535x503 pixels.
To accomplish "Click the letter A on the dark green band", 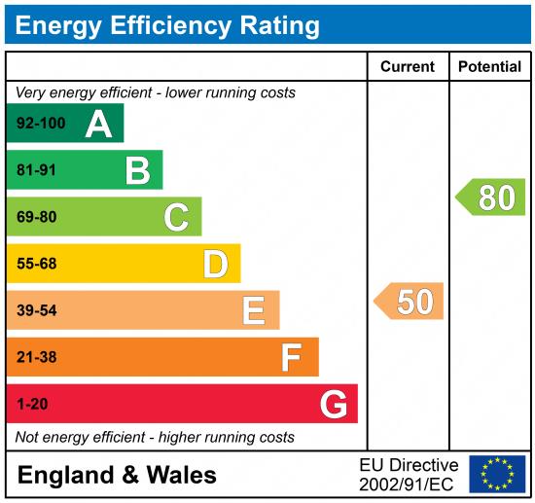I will pyautogui.click(x=98, y=125).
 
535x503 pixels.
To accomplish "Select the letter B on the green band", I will pyautogui.click(x=138, y=171).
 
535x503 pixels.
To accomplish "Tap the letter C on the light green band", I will pyautogui.click(x=176, y=217).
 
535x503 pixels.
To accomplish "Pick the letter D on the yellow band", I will pyautogui.click(x=215, y=264).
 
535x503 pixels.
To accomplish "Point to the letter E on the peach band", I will pyautogui.click(x=253, y=310).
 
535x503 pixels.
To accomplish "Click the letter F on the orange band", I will pyautogui.click(x=291, y=357).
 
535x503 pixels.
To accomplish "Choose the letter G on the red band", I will pyautogui.click(x=334, y=404).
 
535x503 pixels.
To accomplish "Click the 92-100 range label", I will pyautogui.click(x=42, y=125).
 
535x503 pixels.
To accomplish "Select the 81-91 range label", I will pyautogui.click(x=37, y=171).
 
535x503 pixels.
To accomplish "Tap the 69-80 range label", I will pyautogui.click(x=37, y=217).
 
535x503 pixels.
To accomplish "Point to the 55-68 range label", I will pyautogui.click(x=37, y=264).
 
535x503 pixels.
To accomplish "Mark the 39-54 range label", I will pyautogui.click(x=37, y=310).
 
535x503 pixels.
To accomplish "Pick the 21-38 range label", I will pyautogui.click(x=37, y=357).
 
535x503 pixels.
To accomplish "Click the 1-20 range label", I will pyautogui.click(x=32, y=404).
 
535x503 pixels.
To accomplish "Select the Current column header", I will pyautogui.click(x=407, y=67).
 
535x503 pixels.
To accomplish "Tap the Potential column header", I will pyautogui.click(x=489, y=67).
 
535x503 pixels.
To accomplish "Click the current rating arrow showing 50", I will pyautogui.click(x=410, y=302).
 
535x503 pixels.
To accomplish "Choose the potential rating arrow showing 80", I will pyautogui.click(x=491, y=198).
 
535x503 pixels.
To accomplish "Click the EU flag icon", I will pyautogui.click(x=497, y=474).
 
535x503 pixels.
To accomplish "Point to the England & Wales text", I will pyautogui.click(x=117, y=475).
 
